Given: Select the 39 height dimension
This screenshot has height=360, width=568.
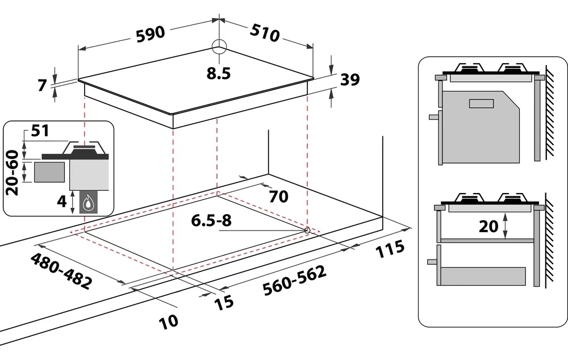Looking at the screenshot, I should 350,81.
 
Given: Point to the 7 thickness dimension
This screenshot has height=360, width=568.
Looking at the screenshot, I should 41,86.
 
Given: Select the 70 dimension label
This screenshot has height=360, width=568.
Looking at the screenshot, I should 278,197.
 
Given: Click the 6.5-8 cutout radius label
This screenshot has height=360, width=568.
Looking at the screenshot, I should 210,221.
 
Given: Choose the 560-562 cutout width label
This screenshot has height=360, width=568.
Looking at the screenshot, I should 295,281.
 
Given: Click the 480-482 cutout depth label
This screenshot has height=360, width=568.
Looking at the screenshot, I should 60,271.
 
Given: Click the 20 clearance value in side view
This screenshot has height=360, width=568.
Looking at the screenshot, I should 488,227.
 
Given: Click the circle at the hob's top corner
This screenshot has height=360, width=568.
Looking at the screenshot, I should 219,47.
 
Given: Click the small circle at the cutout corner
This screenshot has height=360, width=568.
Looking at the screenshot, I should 307,230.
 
